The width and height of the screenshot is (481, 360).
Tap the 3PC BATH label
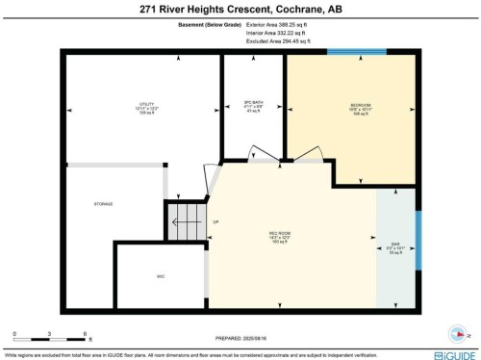(253, 103)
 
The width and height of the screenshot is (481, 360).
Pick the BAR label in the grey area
(395, 244)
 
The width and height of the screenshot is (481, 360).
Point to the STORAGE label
(103, 204)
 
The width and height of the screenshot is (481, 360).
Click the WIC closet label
(161, 276)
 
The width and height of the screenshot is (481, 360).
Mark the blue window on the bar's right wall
(418, 241)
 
